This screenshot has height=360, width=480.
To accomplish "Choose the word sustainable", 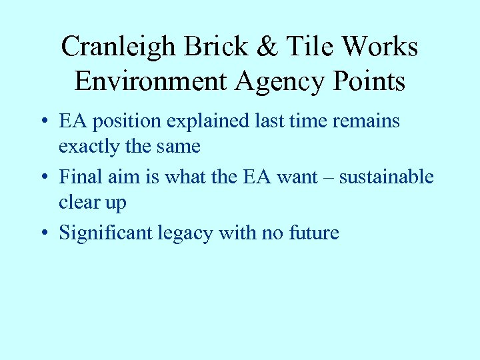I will pyautogui.click(x=386, y=177).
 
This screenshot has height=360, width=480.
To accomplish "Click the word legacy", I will pyautogui.click(x=180, y=234).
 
